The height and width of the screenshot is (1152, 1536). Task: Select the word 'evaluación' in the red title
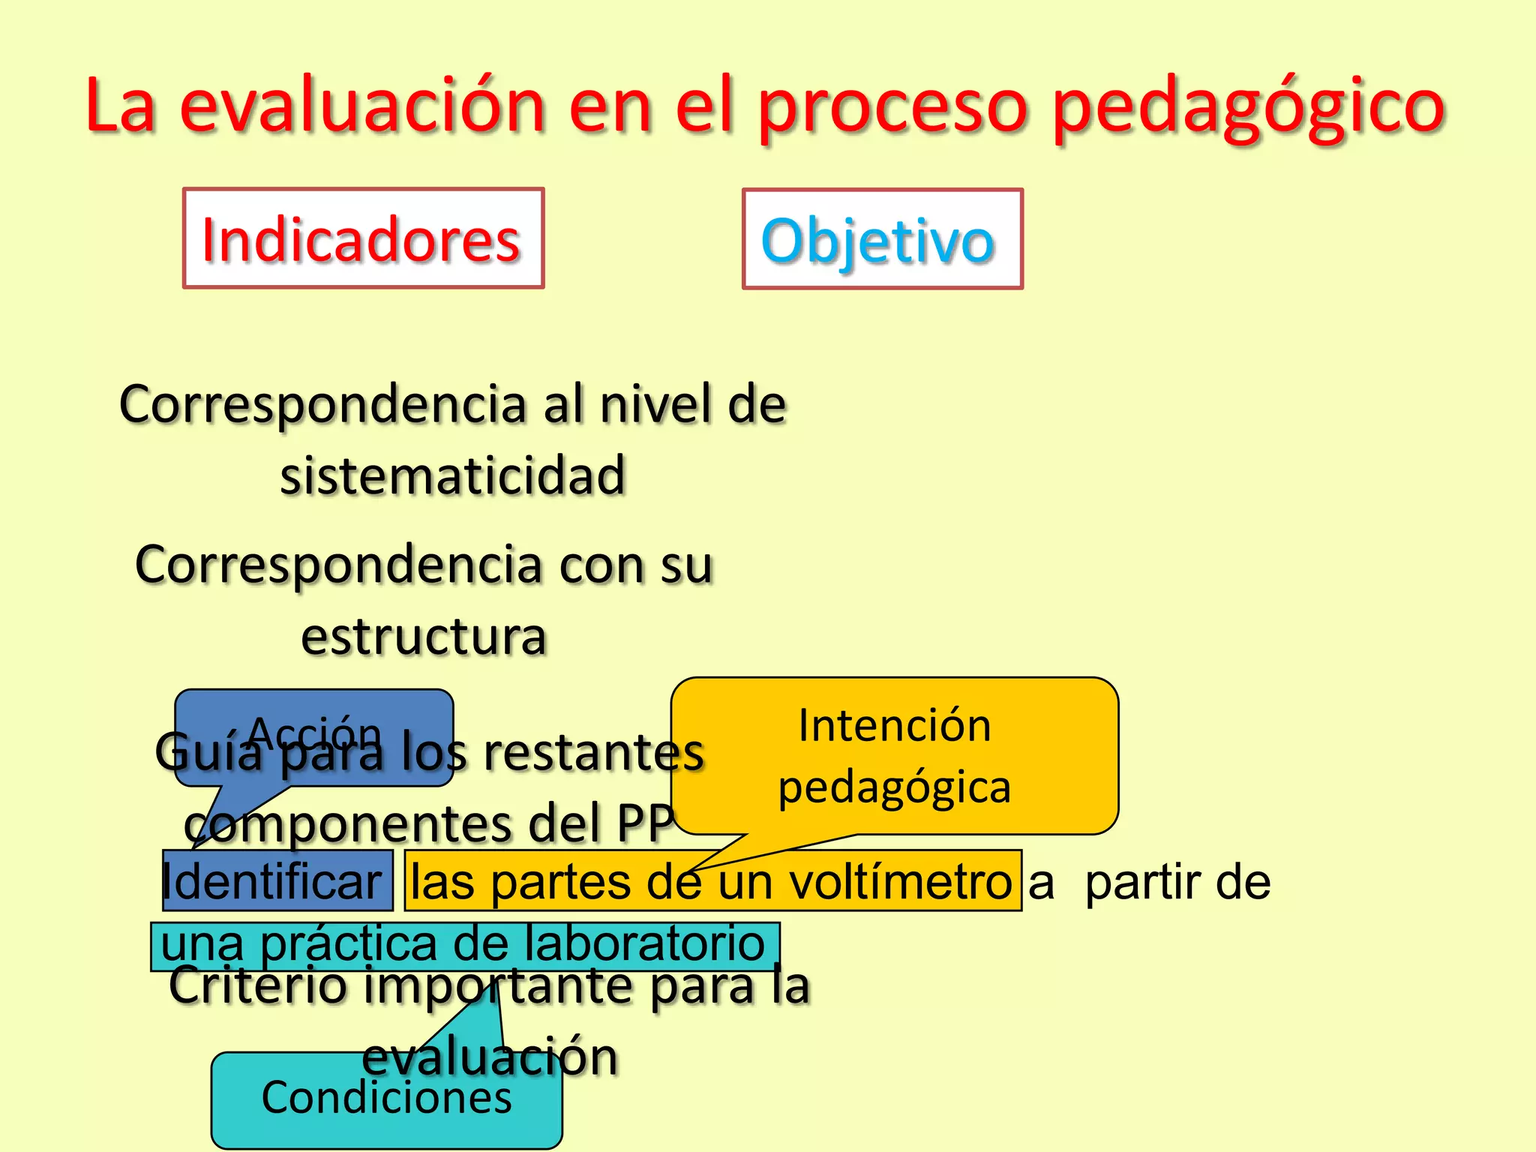(362, 106)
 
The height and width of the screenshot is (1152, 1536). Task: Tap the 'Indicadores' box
(363, 238)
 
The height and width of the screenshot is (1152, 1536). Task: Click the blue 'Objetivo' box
(882, 239)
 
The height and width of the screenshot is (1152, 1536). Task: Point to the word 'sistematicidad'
(453, 475)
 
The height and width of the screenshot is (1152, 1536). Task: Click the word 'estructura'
(424, 637)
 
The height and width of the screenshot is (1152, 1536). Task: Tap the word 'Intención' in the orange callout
(894, 726)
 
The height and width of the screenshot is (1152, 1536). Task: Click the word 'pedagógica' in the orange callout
(894, 788)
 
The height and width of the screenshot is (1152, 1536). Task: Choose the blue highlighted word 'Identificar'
(273, 881)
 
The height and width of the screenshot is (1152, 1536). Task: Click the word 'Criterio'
(257, 985)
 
